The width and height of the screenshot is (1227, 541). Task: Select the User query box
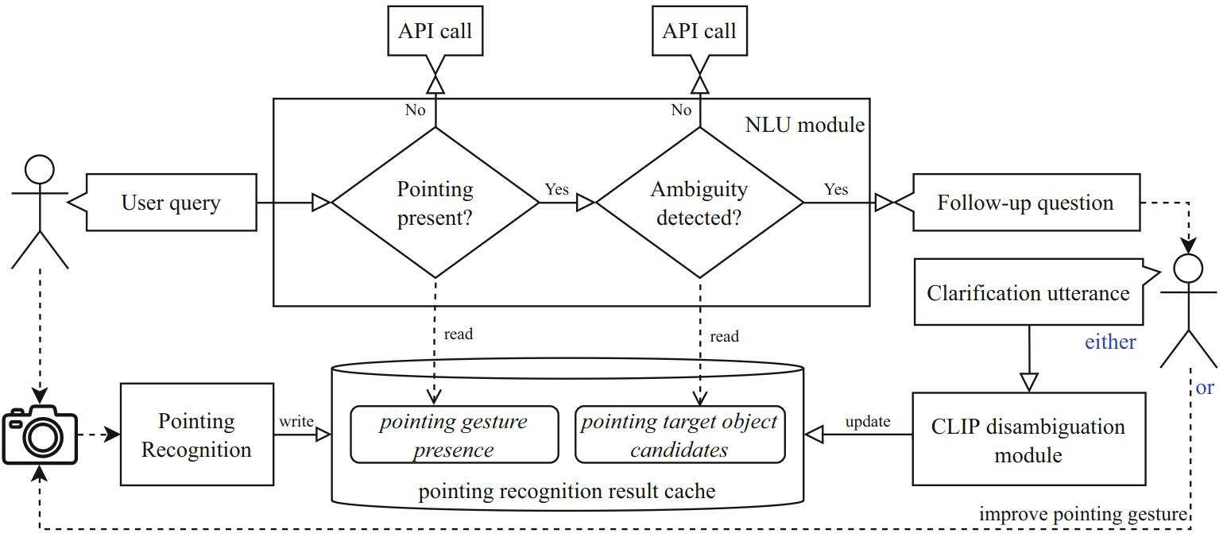tap(171, 203)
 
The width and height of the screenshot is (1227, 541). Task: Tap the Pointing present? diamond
tap(435, 203)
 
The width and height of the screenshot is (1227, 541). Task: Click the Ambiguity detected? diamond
tap(699, 203)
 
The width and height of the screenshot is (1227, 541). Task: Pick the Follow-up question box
tap(1025, 203)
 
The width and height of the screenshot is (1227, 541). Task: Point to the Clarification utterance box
tap(1028, 292)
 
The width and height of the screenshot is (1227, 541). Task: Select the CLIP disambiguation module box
tap(1028, 439)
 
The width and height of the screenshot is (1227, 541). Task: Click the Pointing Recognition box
tap(196, 435)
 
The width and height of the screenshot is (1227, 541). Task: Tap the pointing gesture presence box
tap(454, 435)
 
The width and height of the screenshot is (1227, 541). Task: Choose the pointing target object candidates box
tap(679, 435)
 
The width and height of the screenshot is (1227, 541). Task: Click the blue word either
tap(1110, 342)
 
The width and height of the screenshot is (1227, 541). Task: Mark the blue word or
tap(1205, 388)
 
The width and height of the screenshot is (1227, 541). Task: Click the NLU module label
tap(804, 125)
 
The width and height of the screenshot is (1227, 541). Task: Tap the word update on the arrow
tap(867, 421)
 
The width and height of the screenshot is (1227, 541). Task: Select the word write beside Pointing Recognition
tap(296, 421)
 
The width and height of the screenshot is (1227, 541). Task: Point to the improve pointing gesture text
tap(1082, 514)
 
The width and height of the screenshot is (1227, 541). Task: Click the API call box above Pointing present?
tap(435, 31)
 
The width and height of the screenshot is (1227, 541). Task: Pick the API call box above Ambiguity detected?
tap(699, 31)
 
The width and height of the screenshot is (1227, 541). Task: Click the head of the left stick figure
tap(40, 169)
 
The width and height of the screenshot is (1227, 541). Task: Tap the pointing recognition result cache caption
tap(567, 492)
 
